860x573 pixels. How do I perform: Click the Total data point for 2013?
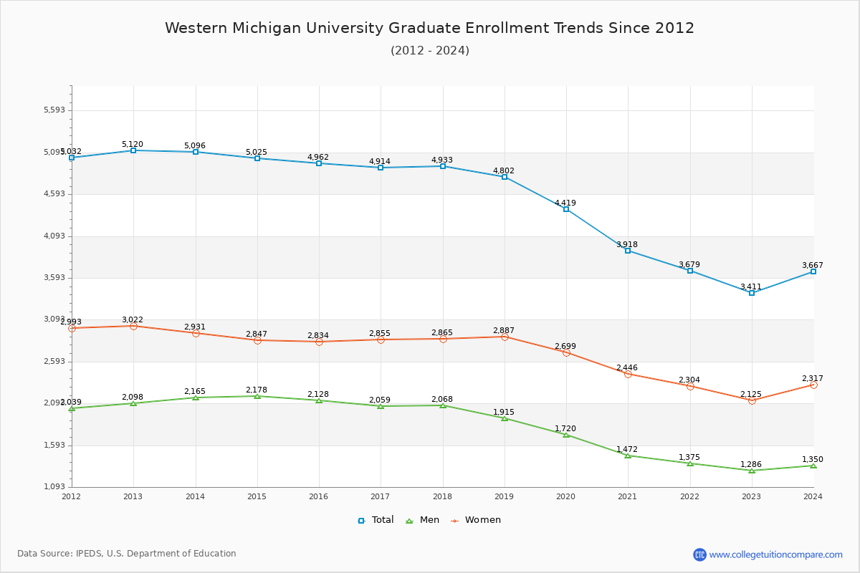coord(133,150)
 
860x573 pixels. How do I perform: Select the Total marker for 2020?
coord(566,209)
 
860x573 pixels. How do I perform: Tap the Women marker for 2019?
coord(505,337)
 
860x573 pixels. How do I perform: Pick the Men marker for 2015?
coord(257,396)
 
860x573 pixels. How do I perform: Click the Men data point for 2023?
coord(752,471)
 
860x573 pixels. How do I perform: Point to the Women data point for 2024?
coord(813,385)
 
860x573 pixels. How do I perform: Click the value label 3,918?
coord(627,245)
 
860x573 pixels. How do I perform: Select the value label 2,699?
coord(565,347)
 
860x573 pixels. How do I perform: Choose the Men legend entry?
coord(424,520)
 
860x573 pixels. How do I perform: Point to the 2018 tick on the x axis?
coord(442,496)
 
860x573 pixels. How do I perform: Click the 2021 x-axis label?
coord(628,496)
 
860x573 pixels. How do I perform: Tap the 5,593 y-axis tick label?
coord(54,110)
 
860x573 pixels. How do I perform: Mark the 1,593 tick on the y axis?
coord(54,446)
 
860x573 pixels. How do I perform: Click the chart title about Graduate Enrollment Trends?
coord(430,28)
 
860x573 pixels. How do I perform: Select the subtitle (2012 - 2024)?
coord(430,51)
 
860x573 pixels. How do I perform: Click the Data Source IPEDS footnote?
coord(127,554)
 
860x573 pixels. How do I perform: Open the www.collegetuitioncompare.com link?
coord(775,554)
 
